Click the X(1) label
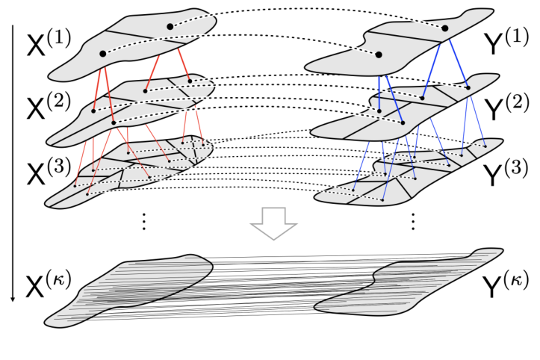(x=49, y=43)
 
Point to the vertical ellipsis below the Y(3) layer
(x=412, y=222)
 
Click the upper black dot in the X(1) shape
(x=170, y=27)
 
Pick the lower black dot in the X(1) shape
(x=103, y=54)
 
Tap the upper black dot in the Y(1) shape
(x=445, y=28)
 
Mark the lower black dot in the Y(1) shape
(x=379, y=55)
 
